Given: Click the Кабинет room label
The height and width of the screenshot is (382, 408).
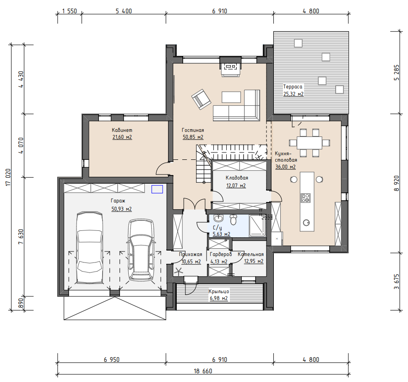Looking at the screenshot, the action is [122, 130].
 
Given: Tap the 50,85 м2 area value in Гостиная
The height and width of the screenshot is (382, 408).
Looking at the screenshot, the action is [193, 137].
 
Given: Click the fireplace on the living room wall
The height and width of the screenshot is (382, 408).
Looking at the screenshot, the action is [230, 67].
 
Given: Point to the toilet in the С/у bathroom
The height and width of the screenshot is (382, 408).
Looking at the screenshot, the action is [234, 220].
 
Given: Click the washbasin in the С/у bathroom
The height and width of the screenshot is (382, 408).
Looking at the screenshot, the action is [218, 218].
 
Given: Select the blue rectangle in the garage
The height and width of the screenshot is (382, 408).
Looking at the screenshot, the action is [157, 189].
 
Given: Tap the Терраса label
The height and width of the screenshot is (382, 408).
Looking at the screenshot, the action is [293, 87].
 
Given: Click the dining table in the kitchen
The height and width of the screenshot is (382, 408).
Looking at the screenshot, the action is [310, 143].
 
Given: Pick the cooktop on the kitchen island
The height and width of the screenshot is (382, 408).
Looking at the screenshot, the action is [305, 198].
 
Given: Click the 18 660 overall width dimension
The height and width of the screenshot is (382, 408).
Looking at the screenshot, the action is [203, 371].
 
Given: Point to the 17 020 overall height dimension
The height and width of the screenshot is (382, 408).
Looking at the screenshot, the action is [8, 177].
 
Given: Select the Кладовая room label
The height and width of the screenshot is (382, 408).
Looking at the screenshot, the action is [237, 178].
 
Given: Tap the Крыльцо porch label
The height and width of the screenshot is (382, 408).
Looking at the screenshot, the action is [219, 291].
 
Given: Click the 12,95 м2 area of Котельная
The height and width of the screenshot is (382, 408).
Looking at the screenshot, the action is [254, 261].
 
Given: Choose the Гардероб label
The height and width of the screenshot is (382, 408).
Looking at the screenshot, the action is [221, 254].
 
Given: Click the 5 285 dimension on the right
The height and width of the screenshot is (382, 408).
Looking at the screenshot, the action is [396, 73].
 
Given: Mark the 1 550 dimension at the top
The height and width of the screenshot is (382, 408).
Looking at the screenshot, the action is [70, 11].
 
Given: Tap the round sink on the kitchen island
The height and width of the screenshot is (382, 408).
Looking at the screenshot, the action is [306, 223].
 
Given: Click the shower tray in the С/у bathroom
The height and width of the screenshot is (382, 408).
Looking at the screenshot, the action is [257, 226].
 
